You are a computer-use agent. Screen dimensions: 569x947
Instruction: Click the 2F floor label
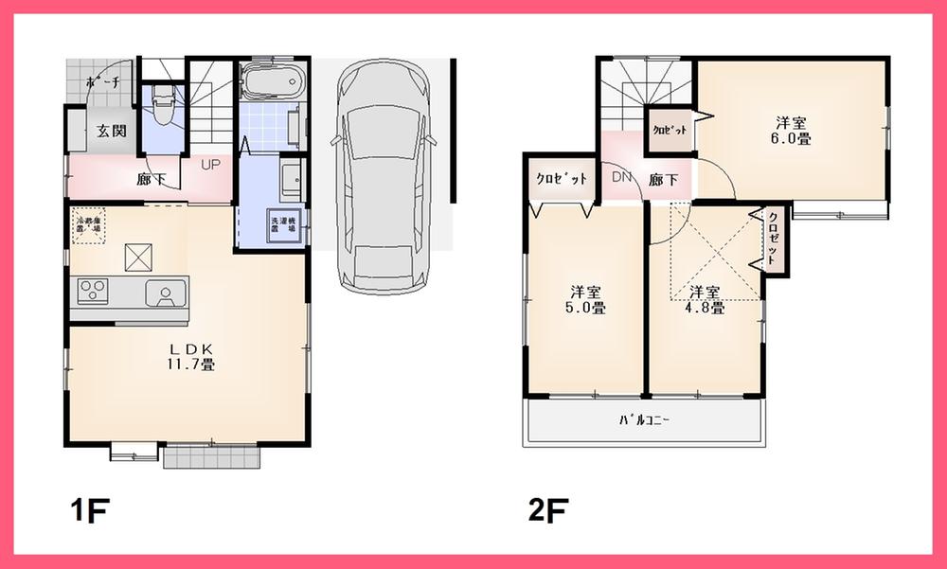[x=548, y=511]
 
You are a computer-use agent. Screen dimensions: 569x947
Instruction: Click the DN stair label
[x=621, y=178]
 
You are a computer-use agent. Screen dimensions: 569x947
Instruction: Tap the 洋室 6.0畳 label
[x=791, y=130]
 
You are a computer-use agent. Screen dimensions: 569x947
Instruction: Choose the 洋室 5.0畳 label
[x=587, y=299]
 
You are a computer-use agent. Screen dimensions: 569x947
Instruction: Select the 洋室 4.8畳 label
[x=706, y=299]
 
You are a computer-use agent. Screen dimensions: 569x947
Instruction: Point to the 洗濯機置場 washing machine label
[x=284, y=225]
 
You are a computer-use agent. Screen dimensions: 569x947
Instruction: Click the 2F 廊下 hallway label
[x=663, y=179]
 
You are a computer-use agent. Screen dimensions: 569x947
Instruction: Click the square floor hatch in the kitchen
[x=139, y=256]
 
